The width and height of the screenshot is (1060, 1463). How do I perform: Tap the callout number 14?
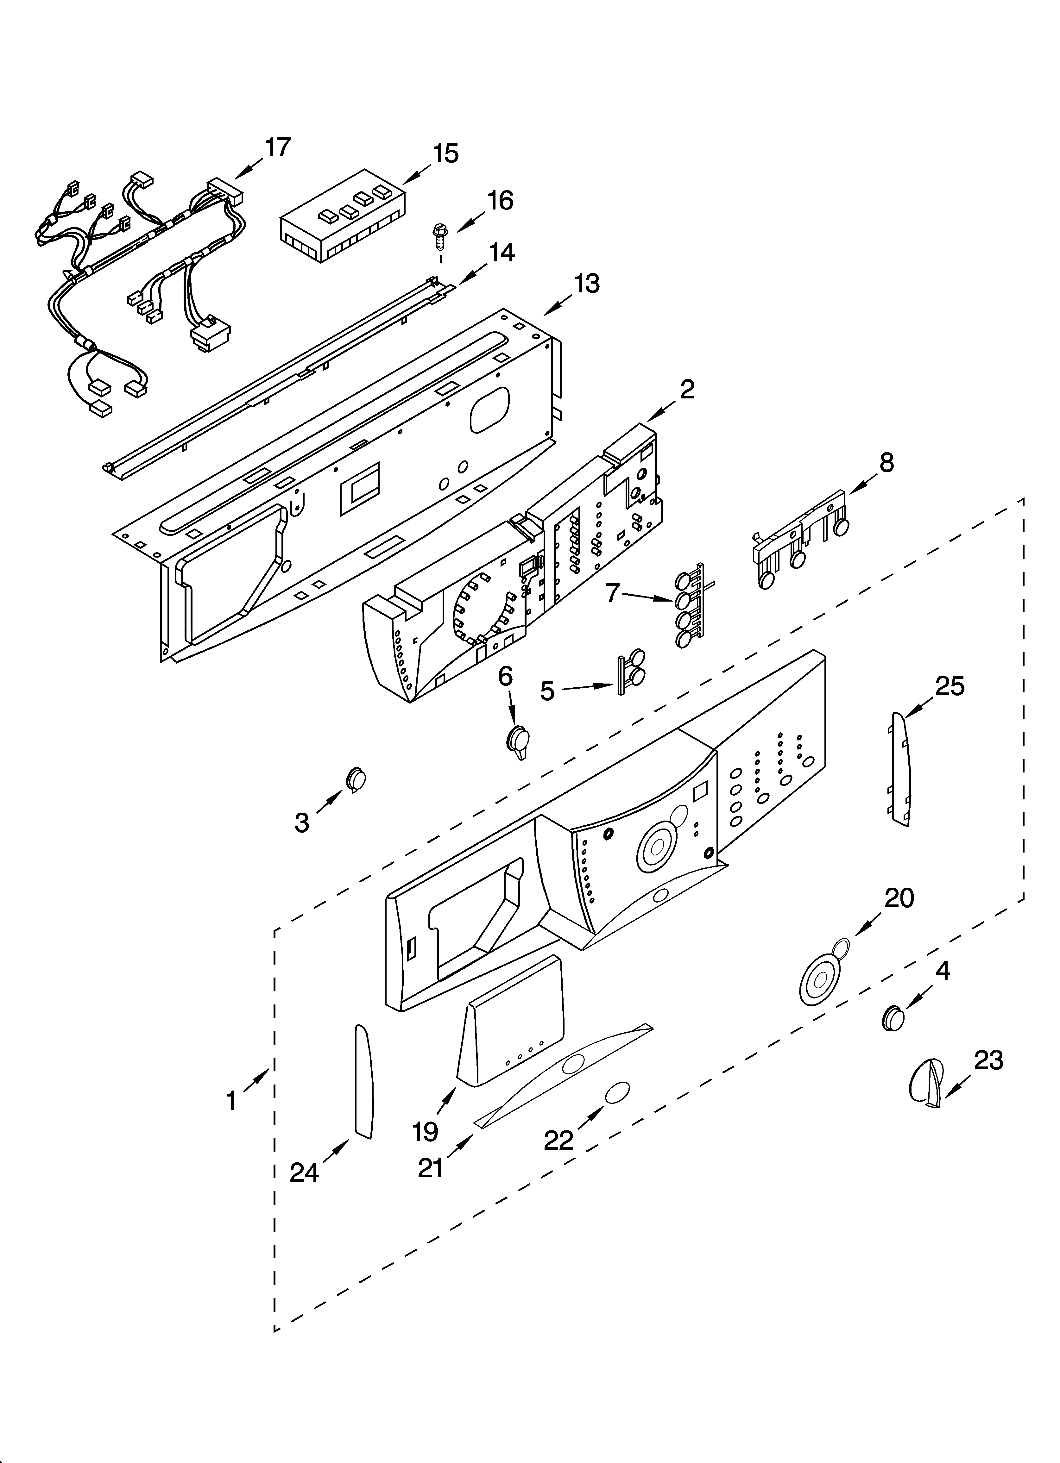(501, 252)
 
